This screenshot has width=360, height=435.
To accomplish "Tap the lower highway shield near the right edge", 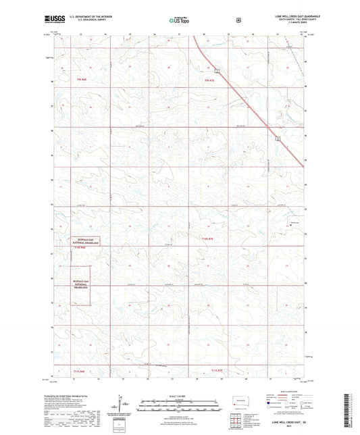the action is [x=278, y=138].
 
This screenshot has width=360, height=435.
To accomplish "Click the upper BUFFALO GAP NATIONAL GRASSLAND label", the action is [x=87, y=242].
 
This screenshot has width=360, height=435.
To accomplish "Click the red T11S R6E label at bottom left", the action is [x=80, y=371].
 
